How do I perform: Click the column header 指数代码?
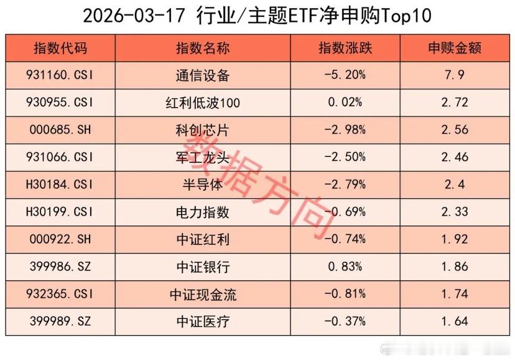[x=60, y=48]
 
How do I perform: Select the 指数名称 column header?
[x=202, y=48]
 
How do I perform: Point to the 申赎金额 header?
[x=454, y=48]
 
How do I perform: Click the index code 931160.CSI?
[x=61, y=76]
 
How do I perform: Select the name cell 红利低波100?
[x=202, y=103]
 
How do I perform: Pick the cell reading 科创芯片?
[x=202, y=131]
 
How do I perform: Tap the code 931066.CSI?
[x=61, y=158]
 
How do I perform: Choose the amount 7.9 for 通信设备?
[x=454, y=76]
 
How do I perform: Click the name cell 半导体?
[x=202, y=185]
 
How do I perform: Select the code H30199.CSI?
[x=61, y=212]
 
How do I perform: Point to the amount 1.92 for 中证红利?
[x=454, y=239]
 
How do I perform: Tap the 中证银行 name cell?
[x=202, y=267]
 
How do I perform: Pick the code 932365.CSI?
[x=61, y=294]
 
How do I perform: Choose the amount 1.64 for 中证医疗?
[x=454, y=321]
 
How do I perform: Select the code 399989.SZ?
[x=61, y=321]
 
